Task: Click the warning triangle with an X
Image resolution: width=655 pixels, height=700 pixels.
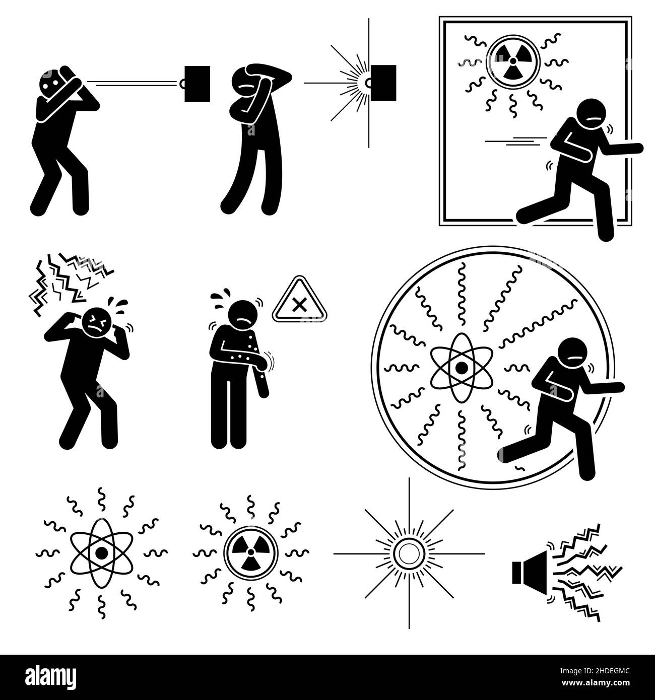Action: (x=300, y=300)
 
